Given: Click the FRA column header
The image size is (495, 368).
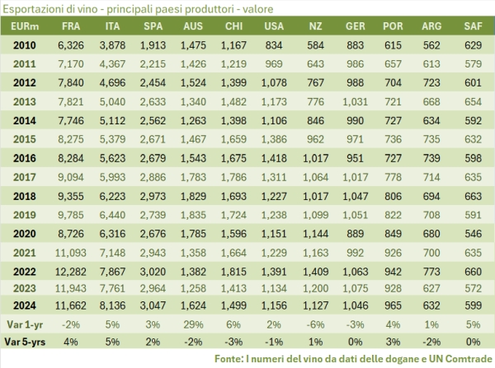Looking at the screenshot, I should [69, 27].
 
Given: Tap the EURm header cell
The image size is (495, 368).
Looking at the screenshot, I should [23, 27].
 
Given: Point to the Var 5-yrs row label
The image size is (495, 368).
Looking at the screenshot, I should [23, 340].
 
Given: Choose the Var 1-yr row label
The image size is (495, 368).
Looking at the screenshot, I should [23, 324].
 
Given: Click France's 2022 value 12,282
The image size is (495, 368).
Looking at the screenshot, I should [69, 269].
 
